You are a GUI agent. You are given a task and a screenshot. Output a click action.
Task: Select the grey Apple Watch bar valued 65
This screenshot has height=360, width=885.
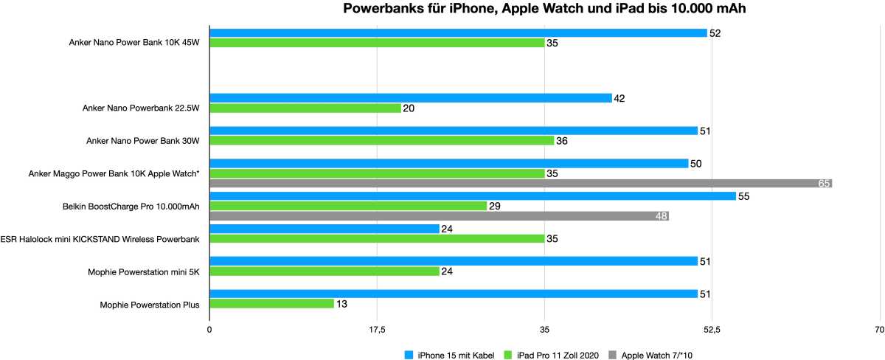[x=521, y=184]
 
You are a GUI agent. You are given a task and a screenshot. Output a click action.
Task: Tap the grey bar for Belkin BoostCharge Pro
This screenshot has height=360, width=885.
[x=439, y=216]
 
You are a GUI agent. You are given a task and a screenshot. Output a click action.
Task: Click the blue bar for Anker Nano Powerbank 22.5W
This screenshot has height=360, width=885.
[x=411, y=98]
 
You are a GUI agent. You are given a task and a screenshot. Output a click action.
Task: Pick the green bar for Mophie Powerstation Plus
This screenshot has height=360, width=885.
[x=271, y=303]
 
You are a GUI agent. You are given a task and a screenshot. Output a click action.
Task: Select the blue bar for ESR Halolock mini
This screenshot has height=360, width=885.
[x=324, y=229]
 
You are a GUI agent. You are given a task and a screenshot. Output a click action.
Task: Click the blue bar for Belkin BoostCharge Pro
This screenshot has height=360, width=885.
[x=473, y=195]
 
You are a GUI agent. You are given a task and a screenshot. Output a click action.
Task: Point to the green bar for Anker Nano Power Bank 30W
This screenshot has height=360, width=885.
[x=381, y=140]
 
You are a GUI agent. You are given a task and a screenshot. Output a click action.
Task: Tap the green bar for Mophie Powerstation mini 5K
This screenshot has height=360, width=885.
[x=324, y=271]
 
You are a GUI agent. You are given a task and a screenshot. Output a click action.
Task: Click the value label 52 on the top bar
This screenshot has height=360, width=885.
[x=714, y=33]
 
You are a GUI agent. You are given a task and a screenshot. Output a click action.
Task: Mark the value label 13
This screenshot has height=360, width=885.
[x=341, y=304]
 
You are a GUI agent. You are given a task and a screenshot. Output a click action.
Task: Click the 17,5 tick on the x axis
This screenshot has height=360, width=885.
[x=377, y=329]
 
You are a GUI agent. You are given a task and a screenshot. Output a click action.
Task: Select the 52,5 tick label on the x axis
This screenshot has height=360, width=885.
[x=712, y=329]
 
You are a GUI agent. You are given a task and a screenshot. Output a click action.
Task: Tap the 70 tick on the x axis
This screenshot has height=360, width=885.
[x=879, y=329]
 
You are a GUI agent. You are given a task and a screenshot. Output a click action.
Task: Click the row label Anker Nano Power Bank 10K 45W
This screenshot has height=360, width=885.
[x=135, y=43]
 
